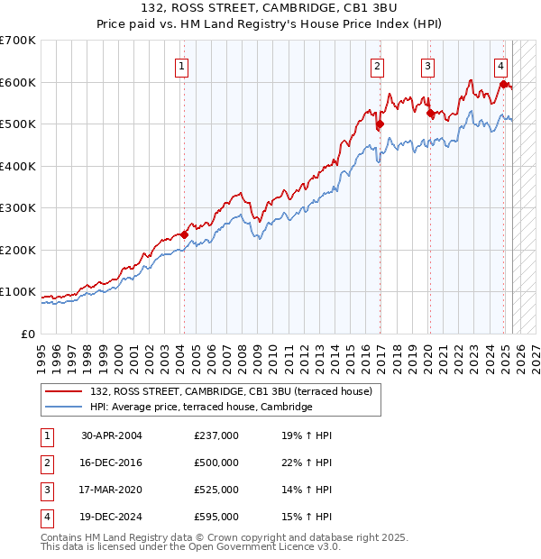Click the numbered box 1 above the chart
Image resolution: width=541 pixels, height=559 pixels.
(182, 65)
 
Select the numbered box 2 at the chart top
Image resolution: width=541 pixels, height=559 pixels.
(377, 65)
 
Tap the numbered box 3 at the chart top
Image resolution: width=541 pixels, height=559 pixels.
(426, 65)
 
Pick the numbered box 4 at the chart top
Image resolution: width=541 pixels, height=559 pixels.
(500, 65)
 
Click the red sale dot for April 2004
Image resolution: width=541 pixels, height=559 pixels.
(184, 234)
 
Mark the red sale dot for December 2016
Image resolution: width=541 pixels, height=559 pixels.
(380, 124)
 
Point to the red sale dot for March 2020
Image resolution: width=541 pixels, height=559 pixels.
(430, 114)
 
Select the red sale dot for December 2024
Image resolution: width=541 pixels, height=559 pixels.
(503, 85)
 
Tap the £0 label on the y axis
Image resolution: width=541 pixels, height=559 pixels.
(29, 334)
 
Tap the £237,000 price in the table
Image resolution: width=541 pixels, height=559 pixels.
(216, 435)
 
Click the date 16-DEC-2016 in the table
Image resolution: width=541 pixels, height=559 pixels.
(112, 463)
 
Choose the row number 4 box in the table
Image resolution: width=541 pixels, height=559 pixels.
(45, 517)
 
